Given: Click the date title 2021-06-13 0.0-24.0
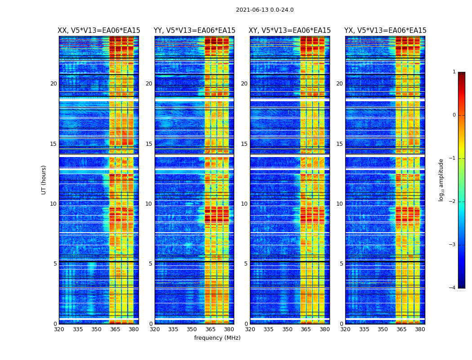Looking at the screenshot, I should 265,10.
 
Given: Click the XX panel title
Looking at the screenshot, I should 99,31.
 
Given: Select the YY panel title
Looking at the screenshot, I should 194,31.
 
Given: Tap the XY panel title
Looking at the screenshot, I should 290,31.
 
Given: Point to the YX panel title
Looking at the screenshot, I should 385,31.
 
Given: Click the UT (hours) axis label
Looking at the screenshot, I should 44,180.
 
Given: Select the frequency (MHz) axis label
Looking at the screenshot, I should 217,338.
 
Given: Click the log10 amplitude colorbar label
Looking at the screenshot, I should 441,180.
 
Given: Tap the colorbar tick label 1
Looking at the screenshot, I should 454,72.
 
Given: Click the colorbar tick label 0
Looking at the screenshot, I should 454,115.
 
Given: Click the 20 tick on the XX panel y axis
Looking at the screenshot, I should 53,84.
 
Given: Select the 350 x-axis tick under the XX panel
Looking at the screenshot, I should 97,329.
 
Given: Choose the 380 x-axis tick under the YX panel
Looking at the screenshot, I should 420,329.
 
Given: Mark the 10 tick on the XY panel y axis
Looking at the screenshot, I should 244,204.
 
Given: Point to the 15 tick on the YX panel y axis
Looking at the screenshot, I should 339,144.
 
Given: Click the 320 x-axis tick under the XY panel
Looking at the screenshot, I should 250,329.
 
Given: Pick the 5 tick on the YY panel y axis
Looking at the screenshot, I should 151,264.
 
